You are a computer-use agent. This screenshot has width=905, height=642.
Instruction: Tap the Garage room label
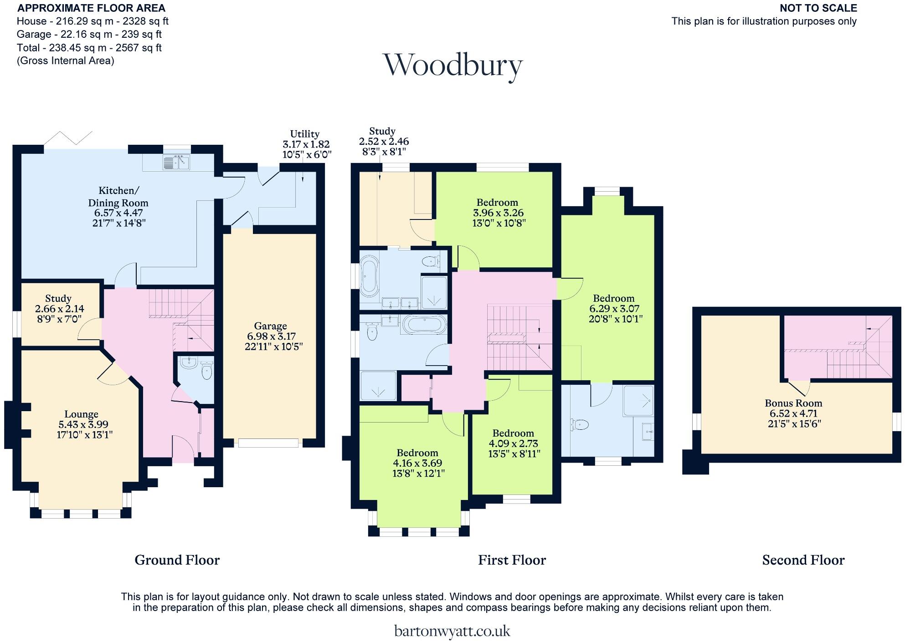pos(270,326)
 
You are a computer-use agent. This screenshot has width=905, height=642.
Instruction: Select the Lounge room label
pos(81,414)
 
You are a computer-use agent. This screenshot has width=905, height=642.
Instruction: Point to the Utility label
pos(304,134)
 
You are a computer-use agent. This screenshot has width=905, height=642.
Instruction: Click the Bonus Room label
pos(793,403)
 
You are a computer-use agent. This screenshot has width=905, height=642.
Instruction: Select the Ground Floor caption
pos(177,560)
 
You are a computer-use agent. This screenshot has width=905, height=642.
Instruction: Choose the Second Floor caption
pos(803,560)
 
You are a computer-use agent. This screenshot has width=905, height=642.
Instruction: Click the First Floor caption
pos(512,560)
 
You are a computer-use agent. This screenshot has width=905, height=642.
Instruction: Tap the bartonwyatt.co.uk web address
pos(452,631)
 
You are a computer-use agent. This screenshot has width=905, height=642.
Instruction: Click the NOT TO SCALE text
pos(818,8)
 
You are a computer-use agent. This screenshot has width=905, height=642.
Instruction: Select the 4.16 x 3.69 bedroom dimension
pos(417,463)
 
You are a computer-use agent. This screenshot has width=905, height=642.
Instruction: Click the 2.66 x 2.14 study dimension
pos(60,309)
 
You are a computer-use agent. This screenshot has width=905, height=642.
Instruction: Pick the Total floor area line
pos(89,48)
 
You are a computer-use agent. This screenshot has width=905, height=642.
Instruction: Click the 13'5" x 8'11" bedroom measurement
pos(513,454)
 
